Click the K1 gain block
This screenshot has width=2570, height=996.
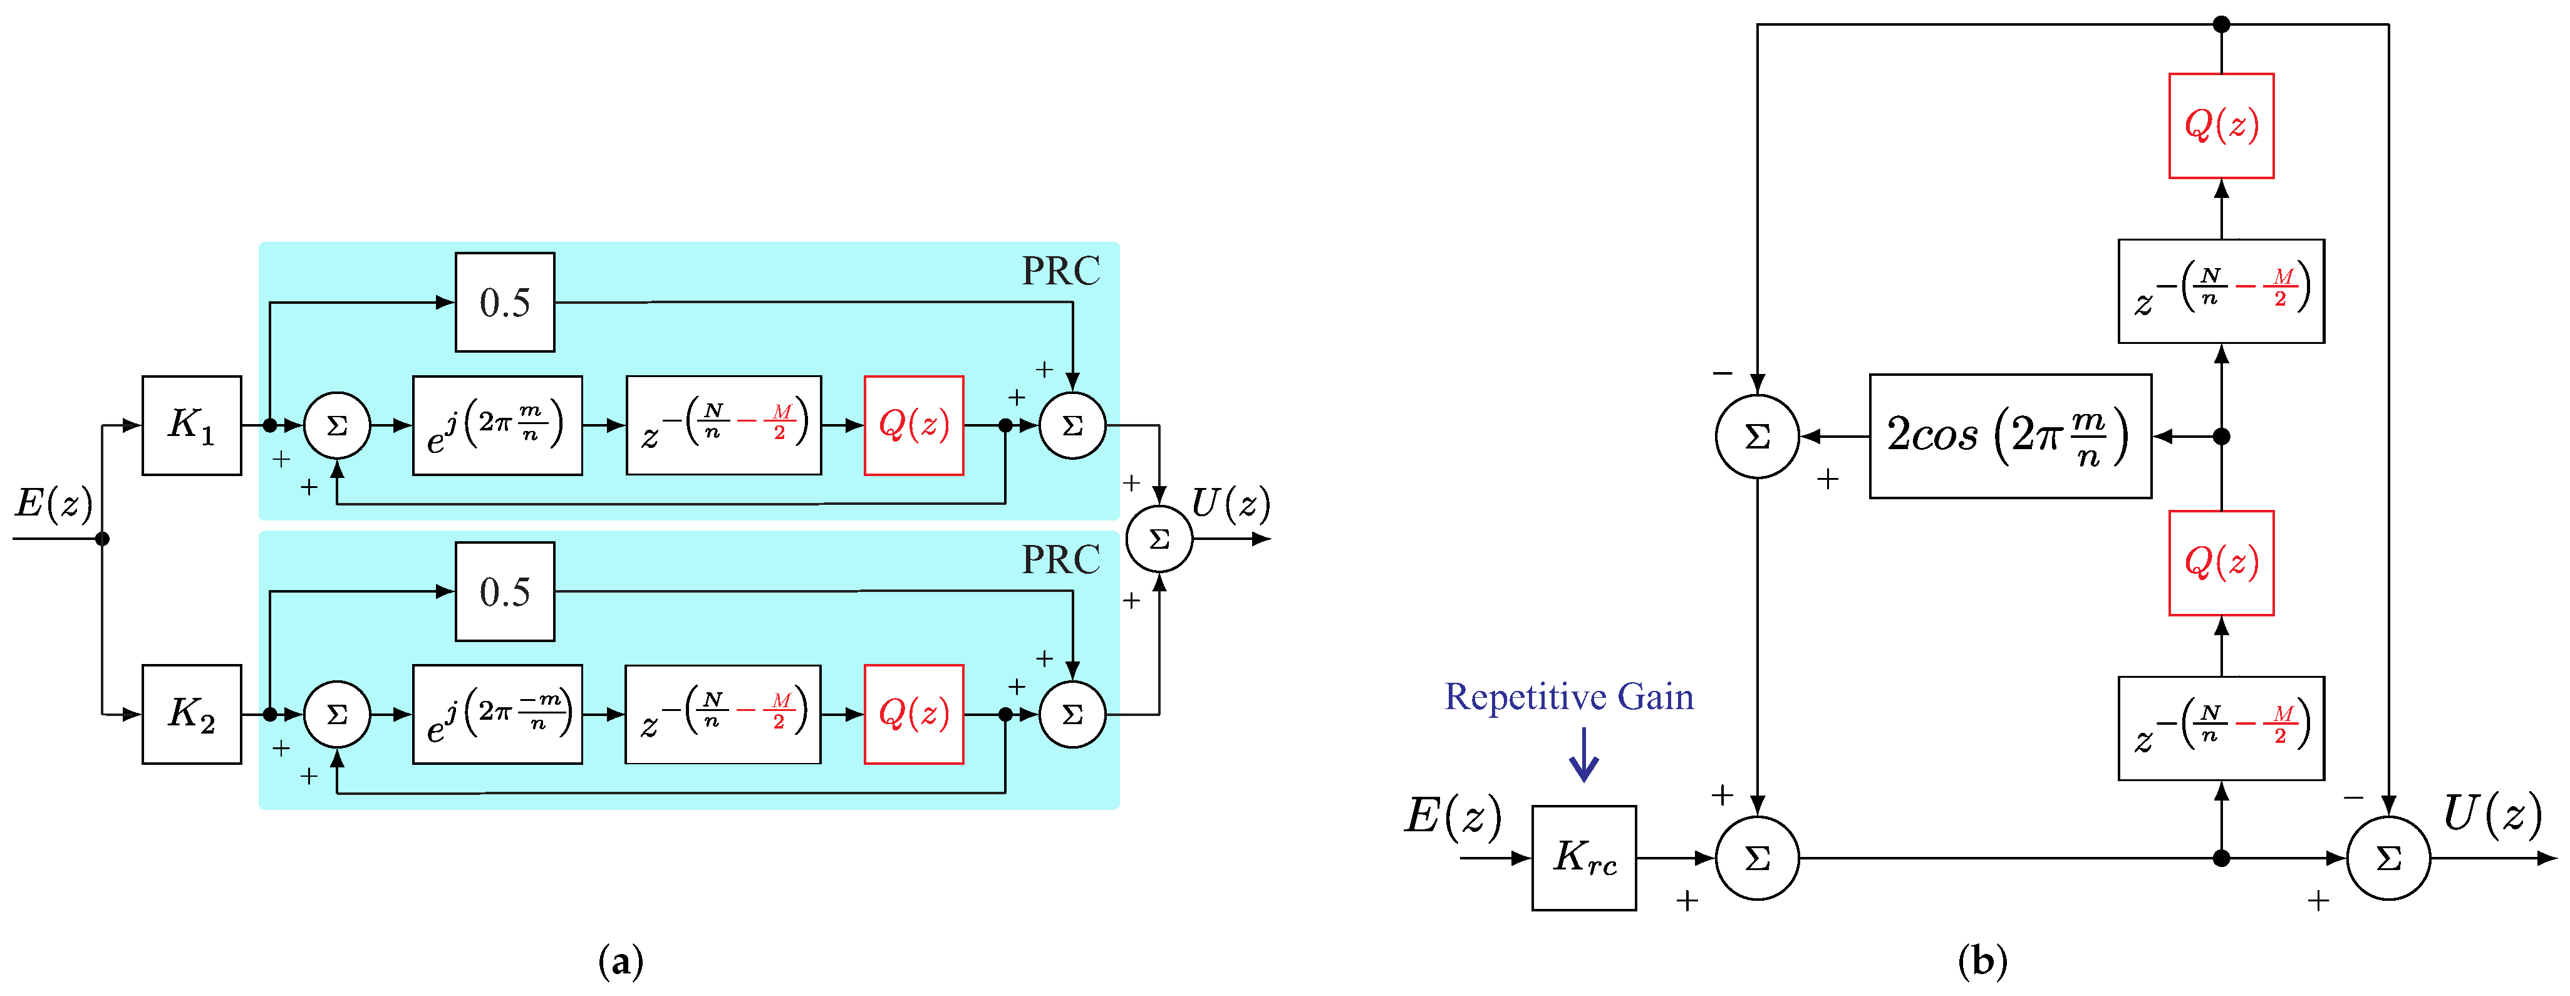coord(192,425)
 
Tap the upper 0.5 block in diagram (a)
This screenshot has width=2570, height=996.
coord(505,303)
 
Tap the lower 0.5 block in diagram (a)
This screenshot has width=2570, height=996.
coord(505,592)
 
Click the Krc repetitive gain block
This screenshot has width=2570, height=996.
coord(1583,858)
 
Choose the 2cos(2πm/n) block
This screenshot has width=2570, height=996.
coord(2009,436)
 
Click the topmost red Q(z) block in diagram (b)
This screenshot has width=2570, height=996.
coord(2221,126)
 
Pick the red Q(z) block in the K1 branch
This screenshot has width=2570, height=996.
coord(913,425)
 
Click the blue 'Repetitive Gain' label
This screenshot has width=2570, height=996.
coord(1568,697)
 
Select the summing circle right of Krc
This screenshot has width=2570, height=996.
coord(1757,858)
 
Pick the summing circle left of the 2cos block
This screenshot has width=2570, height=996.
coord(1757,436)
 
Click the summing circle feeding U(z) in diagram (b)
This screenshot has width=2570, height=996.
coord(2388,858)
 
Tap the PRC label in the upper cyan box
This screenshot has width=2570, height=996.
coord(1060,271)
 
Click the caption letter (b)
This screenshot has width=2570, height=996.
coord(1981,961)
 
